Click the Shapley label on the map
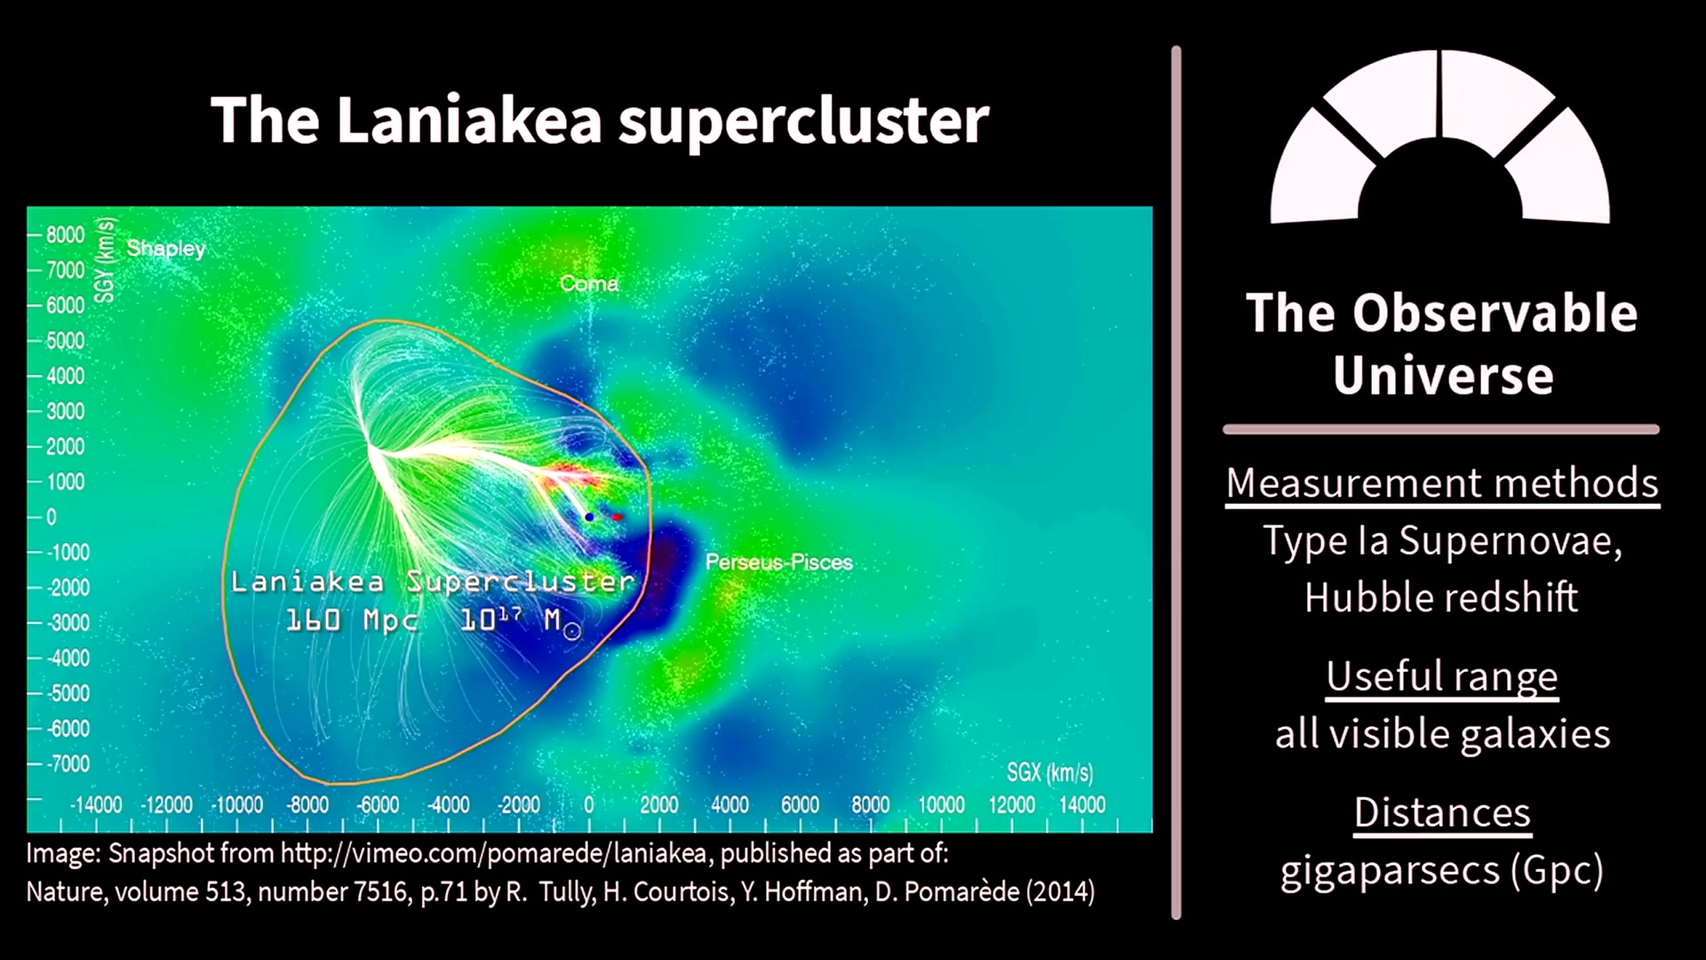pyautogui.click(x=166, y=248)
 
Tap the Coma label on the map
pyautogui.click(x=589, y=284)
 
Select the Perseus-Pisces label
pyautogui.click(x=779, y=562)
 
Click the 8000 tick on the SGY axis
pyautogui.click(x=65, y=235)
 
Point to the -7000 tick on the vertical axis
pyautogui.click(x=67, y=764)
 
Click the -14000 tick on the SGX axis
pyautogui.click(x=96, y=804)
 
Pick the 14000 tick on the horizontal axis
pyautogui.click(x=1082, y=804)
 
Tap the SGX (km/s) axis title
pyautogui.click(x=1049, y=772)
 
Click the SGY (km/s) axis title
pyautogui.click(x=105, y=260)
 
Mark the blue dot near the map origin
pyautogui.click(x=589, y=516)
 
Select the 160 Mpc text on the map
pyautogui.click(x=352, y=620)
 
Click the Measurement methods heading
pyautogui.click(x=1442, y=484)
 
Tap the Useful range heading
pyautogui.click(x=1442, y=676)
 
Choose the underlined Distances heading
pyautogui.click(x=1442, y=812)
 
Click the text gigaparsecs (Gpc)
pyautogui.click(x=1442, y=870)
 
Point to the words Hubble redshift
pyautogui.click(x=1441, y=596)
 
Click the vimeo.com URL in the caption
pyautogui.click(x=493, y=853)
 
